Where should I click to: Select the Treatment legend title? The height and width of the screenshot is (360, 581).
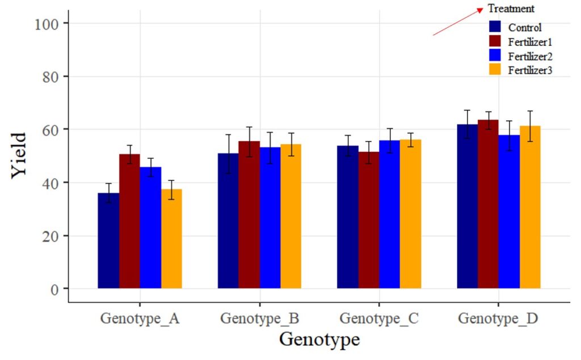[511, 9]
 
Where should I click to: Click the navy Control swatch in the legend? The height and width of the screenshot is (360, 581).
[495, 27]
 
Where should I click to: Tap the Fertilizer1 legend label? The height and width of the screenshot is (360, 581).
[531, 41]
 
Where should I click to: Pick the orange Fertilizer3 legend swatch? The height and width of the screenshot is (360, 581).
[495, 69]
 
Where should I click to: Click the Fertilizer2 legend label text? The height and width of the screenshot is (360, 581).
[531, 56]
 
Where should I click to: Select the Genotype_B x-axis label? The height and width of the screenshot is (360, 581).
[259, 318]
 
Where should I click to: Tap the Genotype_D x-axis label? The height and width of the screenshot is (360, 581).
[498, 318]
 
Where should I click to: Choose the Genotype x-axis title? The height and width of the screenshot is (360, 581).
[319, 340]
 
